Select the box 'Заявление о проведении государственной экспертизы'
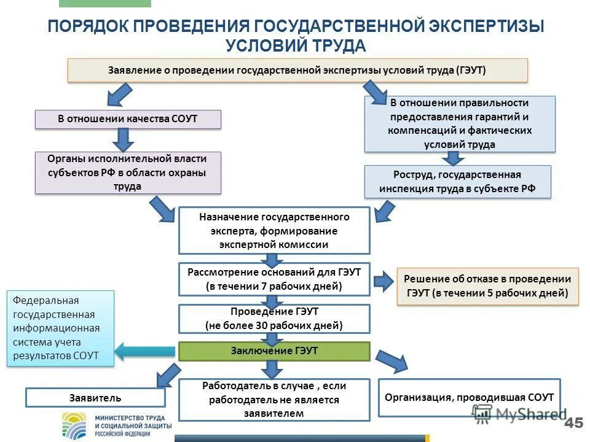click(297, 70)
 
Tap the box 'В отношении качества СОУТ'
click(128, 119)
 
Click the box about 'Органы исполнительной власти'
click(127, 173)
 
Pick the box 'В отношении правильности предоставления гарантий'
click(460, 124)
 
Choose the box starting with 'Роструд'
click(457, 182)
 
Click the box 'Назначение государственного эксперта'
click(274, 231)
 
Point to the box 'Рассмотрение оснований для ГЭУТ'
click(274, 279)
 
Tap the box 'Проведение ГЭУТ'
click(274, 319)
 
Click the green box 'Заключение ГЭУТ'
click(274, 351)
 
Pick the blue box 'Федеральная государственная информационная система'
click(60, 328)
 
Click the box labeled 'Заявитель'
click(95, 398)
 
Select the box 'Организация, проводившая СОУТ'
click(469, 398)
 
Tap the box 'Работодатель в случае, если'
click(274, 400)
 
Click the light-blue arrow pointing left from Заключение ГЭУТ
click(144, 352)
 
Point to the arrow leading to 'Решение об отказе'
click(383, 282)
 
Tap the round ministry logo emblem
click(76, 425)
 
